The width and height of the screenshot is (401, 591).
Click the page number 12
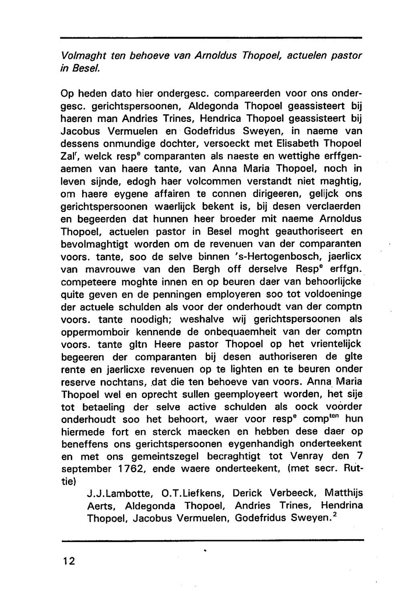pos(69,561)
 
